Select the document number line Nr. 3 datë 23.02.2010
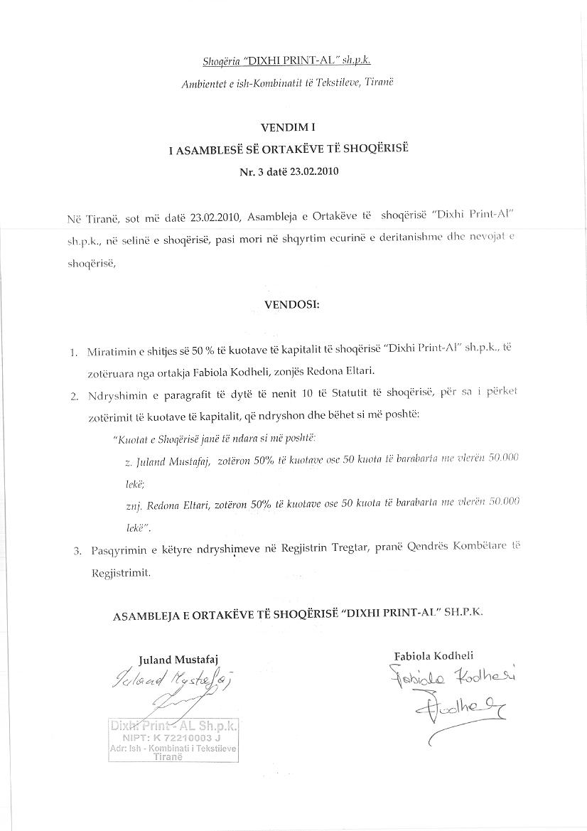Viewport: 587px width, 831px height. pyautogui.click(x=292, y=172)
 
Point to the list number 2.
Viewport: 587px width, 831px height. pyautogui.click(x=73, y=397)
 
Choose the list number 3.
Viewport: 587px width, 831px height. pyautogui.click(x=74, y=551)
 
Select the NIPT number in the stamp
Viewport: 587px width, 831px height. pyautogui.click(x=174, y=739)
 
